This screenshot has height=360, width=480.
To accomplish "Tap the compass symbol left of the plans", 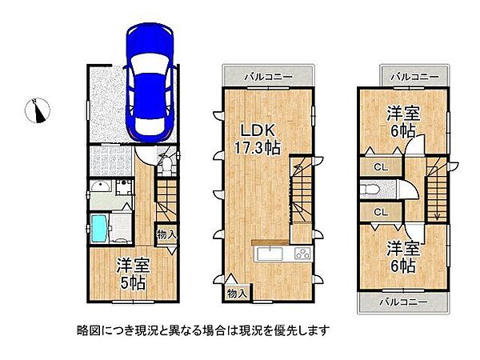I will (38, 110).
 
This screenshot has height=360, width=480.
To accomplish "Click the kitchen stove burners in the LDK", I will (302, 254).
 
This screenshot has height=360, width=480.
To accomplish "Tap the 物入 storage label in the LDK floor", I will (238, 293).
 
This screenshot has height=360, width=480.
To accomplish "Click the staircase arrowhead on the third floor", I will (437, 214).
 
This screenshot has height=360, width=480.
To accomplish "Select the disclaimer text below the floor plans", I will (203, 330).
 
